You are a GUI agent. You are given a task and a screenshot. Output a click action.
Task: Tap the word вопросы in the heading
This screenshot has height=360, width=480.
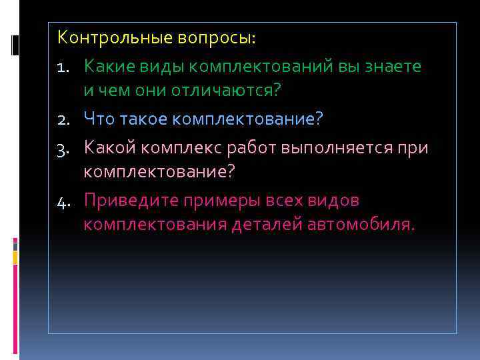pyautogui.click(x=215, y=38)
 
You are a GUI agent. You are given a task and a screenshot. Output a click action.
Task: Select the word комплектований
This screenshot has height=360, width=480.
pyautogui.click(x=263, y=67)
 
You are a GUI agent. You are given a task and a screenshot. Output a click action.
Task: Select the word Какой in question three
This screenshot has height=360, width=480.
pyautogui.click(x=111, y=148)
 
